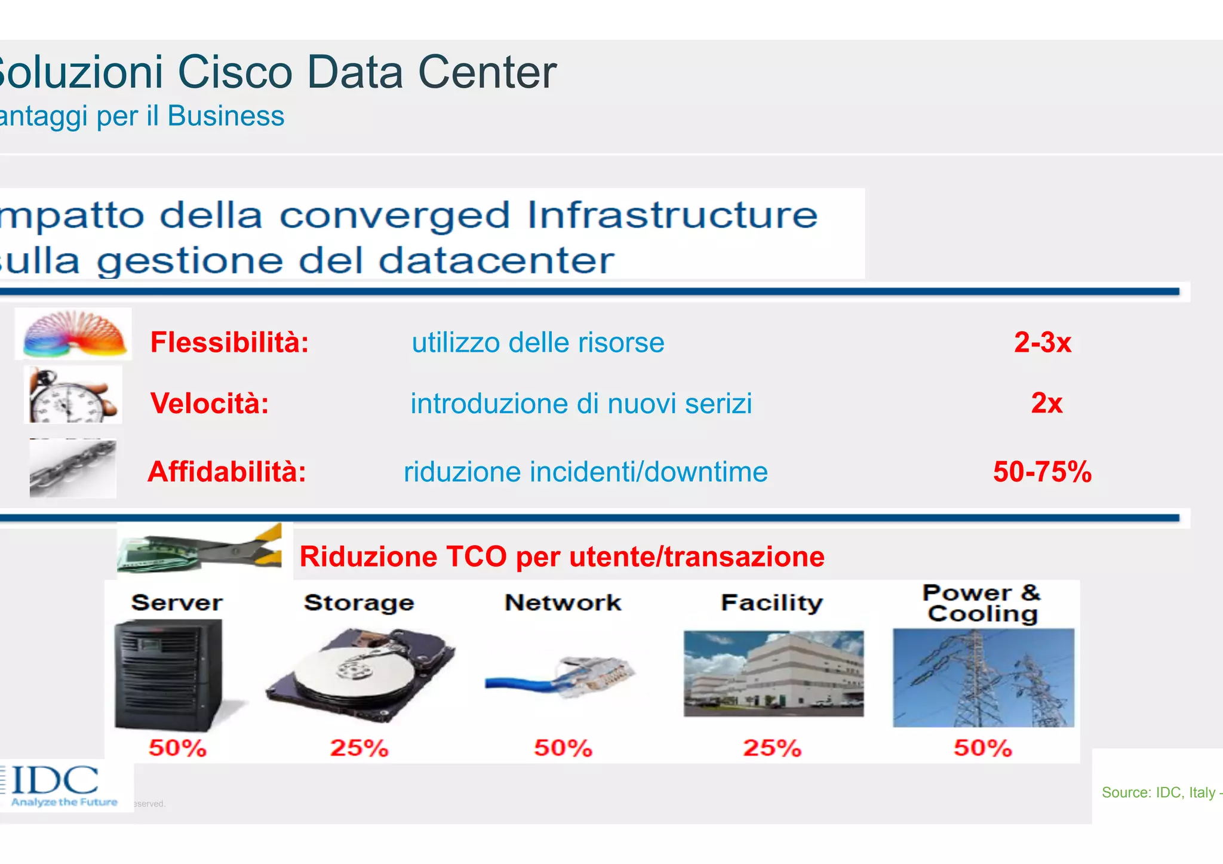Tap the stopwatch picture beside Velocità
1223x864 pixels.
tap(73, 396)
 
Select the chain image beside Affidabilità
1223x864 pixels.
tap(73, 469)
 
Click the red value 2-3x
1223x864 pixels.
tap(1043, 343)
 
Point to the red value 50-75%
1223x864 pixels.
tap(1042, 472)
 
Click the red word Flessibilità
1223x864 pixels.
tap(229, 343)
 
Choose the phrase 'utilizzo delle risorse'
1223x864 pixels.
tap(537, 343)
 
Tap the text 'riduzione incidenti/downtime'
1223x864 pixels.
tap(585, 472)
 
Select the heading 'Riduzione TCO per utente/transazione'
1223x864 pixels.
tap(561, 556)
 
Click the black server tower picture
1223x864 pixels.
tap(170, 675)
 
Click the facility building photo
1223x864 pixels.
tap(773, 674)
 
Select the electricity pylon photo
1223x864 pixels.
tap(983, 678)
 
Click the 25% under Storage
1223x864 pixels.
tap(359, 748)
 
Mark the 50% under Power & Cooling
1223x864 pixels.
tap(983, 748)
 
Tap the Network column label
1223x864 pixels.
tap(563, 602)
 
